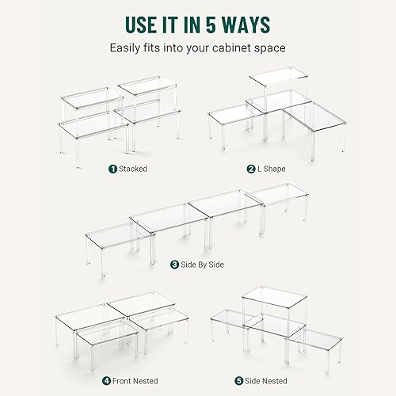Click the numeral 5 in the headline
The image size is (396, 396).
click(x=211, y=25)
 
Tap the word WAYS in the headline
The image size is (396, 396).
click(x=246, y=25)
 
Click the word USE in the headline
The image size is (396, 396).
click(x=141, y=25)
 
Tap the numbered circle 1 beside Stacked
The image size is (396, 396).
click(x=112, y=169)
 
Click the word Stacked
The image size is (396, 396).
click(x=133, y=169)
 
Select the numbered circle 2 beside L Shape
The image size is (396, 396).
click(x=251, y=169)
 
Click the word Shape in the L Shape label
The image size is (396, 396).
click(x=275, y=169)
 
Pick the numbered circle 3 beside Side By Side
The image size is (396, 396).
click(x=174, y=265)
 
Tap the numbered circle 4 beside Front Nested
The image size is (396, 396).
click(x=106, y=381)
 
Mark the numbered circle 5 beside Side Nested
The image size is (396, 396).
click(x=238, y=381)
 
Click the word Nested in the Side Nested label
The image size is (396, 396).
click(x=274, y=381)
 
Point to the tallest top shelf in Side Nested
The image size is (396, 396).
click(x=275, y=296)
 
